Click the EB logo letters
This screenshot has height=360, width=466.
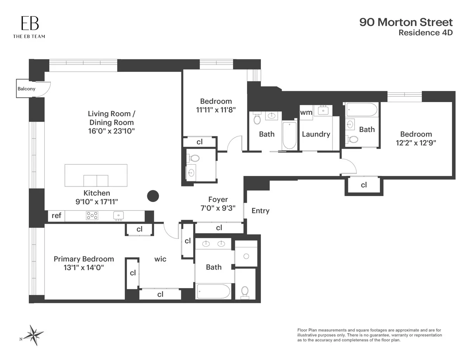[30, 23]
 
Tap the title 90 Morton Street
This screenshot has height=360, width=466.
[406, 22]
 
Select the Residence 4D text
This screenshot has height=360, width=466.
[426, 33]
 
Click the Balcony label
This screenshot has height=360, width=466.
[26, 89]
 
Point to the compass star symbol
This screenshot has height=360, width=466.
[35, 335]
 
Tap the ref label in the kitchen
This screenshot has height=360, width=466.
[56, 216]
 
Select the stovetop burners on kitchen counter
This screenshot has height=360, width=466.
[92, 216]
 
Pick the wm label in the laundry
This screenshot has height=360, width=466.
[306, 113]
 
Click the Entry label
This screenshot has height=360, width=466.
[260, 211]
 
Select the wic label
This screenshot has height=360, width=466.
[160, 259]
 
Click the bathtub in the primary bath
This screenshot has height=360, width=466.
[213, 291]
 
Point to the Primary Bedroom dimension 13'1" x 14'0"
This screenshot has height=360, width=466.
[84, 268]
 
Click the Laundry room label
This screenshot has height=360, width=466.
[316, 134]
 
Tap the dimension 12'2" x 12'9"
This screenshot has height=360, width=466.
[416, 143]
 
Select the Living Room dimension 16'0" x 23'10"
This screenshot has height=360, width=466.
[111, 131]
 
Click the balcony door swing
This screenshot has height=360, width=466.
[43, 89]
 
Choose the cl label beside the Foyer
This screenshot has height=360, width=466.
[219, 228]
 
